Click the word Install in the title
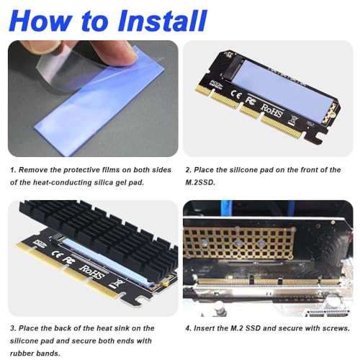[x=162, y=21]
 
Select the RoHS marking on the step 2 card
[x=272, y=110]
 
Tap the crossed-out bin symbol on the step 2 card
[x=294, y=120]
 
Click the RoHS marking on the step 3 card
[x=93, y=273]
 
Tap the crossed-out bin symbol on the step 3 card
[x=116, y=284]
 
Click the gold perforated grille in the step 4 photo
[x=238, y=243]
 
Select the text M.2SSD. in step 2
[x=200, y=183]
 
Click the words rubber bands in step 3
[x=35, y=354]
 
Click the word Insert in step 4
[x=204, y=328]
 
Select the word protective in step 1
[x=86, y=170]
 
